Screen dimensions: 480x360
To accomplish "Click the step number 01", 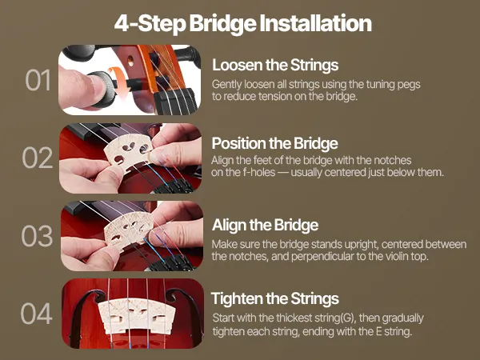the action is pyautogui.click(x=38, y=80).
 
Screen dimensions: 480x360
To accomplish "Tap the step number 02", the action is pyautogui.click(x=38, y=158).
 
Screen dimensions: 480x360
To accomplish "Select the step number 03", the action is pyautogui.click(x=37, y=236).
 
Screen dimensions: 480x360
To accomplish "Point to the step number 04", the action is pyautogui.click(x=37, y=314).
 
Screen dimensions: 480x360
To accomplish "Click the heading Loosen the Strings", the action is pyautogui.click(x=275, y=65).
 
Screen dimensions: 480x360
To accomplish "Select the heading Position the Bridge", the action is pyautogui.click(x=274, y=143).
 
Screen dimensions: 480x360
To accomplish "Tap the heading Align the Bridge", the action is pyautogui.click(x=265, y=225).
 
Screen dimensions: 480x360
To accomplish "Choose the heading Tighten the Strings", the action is pyautogui.click(x=275, y=298).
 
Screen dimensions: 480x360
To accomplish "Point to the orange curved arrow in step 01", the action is pyautogui.click(x=119, y=80).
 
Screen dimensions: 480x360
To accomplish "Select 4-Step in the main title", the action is pyautogui.click(x=150, y=24).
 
